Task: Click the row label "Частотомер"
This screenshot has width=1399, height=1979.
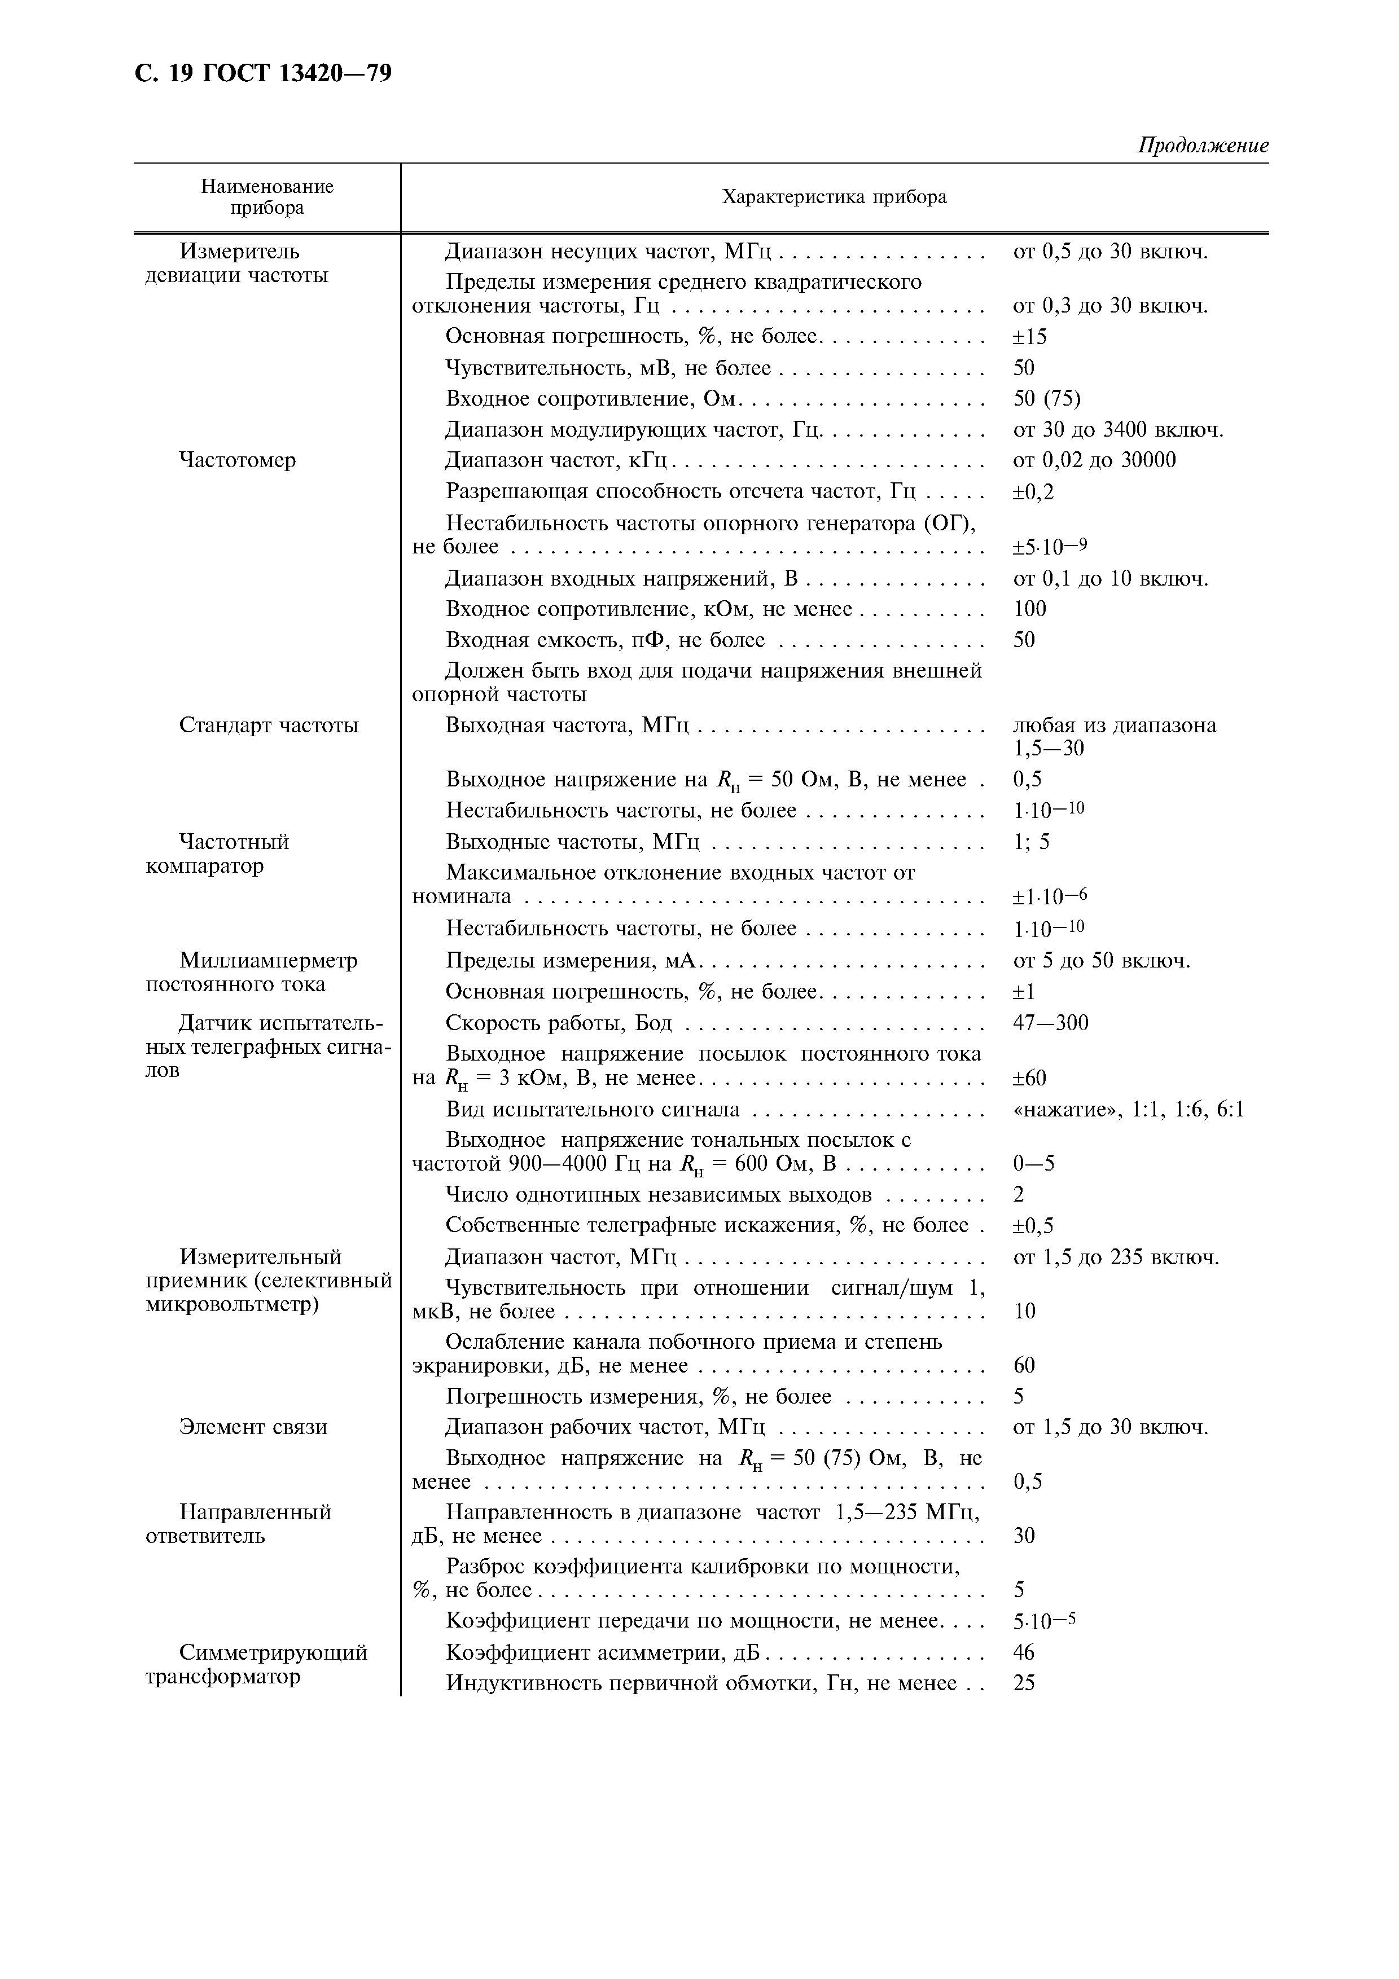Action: point(237,460)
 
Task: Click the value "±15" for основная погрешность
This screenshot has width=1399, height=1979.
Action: point(1029,337)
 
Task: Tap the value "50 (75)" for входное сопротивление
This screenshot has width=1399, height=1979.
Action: point(1046,398)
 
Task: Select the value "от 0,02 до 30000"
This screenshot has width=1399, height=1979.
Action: point(1094,460)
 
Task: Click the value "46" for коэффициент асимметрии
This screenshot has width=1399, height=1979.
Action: point(1024,1652)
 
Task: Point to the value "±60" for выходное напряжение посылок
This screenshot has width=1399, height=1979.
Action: point(1029,1078)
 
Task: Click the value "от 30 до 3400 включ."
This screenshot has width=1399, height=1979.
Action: point(1118,429)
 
